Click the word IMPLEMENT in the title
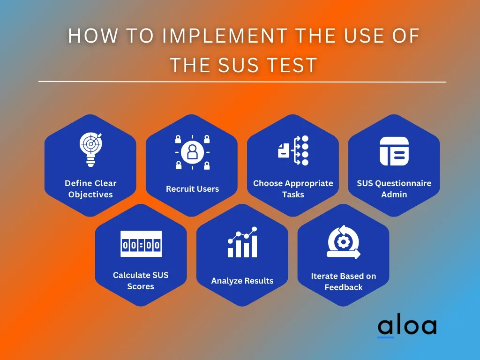tap(225, 36)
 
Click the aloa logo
tap(407, 327)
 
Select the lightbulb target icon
tap(90, 149)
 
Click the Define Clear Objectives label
tap(90, 189)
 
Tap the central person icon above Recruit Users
tap(192, 152)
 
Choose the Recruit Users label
tap(192, 189)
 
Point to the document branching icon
tap(293, 150)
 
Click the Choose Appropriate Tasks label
tap(293, 189)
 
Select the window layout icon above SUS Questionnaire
tap(394, 151)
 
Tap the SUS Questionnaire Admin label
tap(394, 189)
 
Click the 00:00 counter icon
tap(141, 244)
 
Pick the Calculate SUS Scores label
tap(141, 281)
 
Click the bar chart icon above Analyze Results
tap(242, 242)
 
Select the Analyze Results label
tap(242, 281)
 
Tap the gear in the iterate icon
tap(344, 242)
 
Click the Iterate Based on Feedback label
tap(344, 282)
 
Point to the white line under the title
tap(242, 82)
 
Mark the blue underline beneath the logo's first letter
tap(385, 337)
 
